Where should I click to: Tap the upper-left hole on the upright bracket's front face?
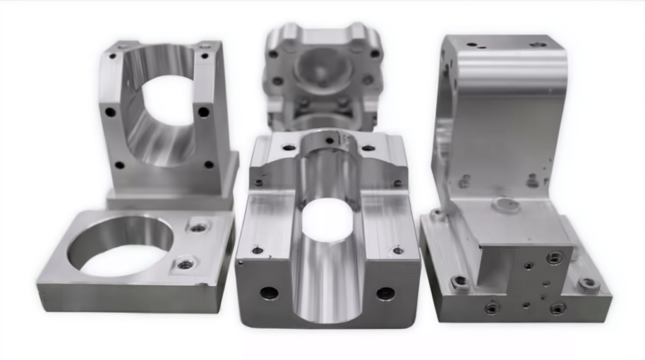111,112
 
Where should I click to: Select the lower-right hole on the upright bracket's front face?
208,164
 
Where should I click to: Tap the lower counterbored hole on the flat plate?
186,264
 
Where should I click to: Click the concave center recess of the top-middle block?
320,71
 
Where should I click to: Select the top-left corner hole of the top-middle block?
273,54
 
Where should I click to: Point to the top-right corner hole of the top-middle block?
375,54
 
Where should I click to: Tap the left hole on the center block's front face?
269,292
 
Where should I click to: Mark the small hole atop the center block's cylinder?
330,140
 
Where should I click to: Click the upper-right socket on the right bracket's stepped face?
555,258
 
